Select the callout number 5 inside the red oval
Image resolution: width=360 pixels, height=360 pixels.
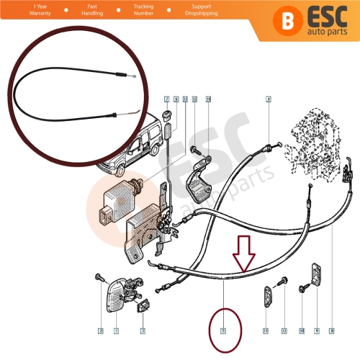pyautogui.click(x=223, y=332)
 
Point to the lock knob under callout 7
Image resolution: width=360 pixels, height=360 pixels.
pyautogui.click(x=167, y=117)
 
